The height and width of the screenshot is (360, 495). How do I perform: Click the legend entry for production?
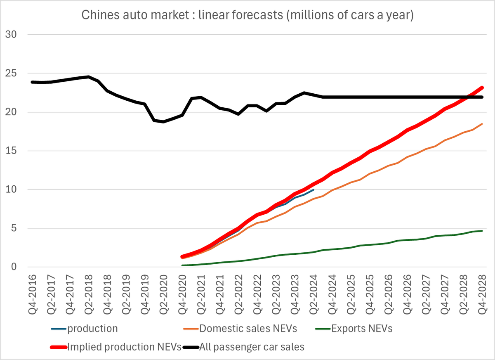pos(93,329)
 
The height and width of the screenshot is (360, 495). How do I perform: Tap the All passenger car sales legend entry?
pos(252,347)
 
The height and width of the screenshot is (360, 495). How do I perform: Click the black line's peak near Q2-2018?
pos(88,77)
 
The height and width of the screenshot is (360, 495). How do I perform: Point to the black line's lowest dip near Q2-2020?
pos(163,122)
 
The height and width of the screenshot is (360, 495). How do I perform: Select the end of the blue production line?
pos(313,190)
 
